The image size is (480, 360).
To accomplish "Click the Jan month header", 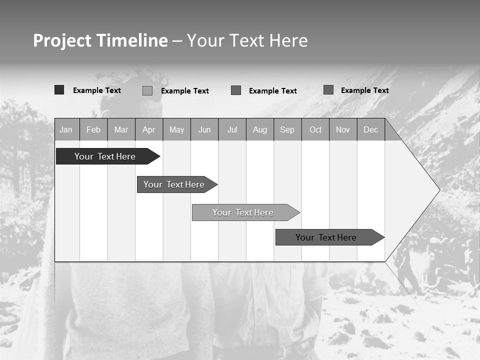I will [66, 130].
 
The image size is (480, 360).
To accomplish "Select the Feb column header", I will [93, 130].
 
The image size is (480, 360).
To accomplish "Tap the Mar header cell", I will [121, 130].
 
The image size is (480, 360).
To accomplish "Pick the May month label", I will [176, 130].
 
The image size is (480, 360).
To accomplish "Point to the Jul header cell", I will [232, 130].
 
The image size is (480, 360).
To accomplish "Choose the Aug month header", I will [260, 130].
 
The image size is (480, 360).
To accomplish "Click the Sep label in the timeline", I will [287, 130].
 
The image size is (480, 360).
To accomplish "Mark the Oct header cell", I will [315, 130].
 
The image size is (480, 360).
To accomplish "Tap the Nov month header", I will [343, 130].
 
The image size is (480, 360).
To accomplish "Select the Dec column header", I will [370, 130].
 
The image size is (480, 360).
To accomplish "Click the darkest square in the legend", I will [59, 90].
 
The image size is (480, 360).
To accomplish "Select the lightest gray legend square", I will [147, 90].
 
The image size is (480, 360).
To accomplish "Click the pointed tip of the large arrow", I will [438, 190].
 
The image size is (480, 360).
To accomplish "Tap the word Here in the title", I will [288, 40].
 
